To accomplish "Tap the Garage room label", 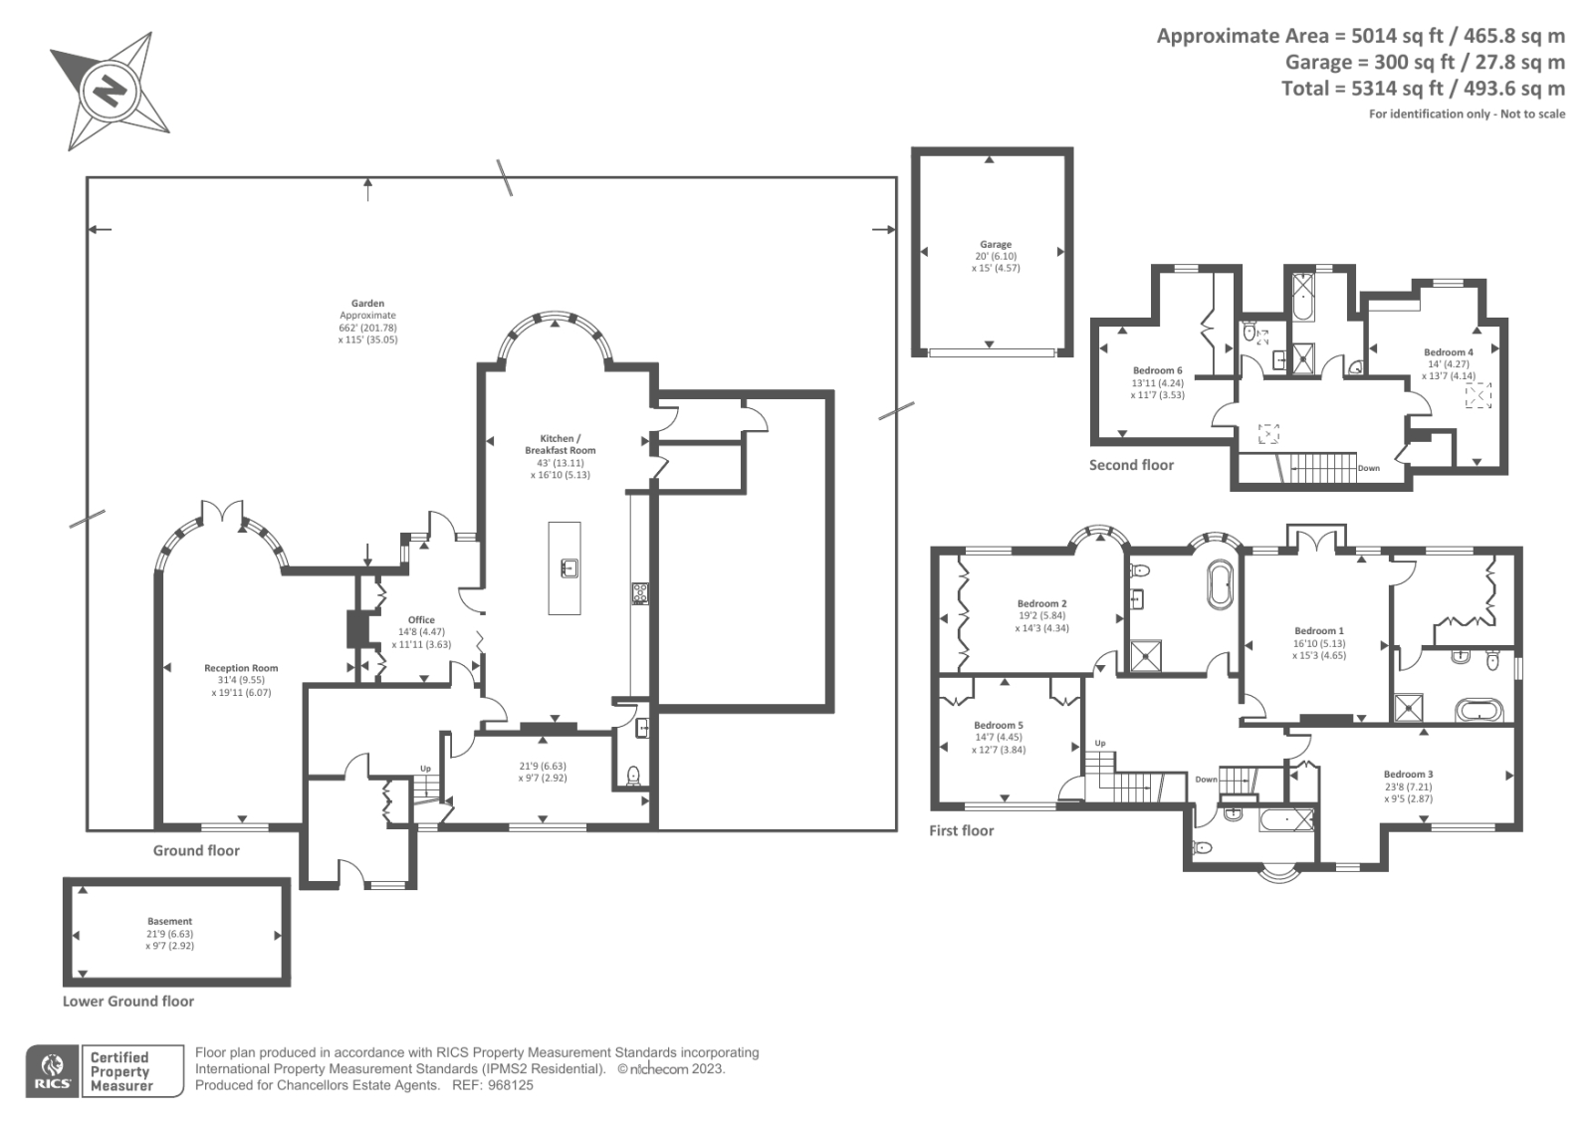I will click(995, 245).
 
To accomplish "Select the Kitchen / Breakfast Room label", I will click(560, 444).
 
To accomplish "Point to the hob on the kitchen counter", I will click(640, 593).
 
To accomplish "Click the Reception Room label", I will click(241, 669).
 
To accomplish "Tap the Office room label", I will click(421, 620).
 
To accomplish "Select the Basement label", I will click(169, 922).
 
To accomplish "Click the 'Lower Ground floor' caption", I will click(128, 1002).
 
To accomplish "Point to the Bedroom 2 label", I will click(1041, 603).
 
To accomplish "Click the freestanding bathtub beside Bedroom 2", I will click(1219, 585).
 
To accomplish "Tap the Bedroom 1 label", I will click(1318, 631).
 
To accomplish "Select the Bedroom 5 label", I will click(998, 726).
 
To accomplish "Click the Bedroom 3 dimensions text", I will click(1408, 792).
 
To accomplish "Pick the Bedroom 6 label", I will click(1157, 371).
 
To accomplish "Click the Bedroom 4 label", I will click(1448, 352).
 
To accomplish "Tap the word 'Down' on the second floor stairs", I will click(1368, 468).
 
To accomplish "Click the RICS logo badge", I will click(52, 1071).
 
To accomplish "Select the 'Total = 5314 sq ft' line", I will click(1423, 89).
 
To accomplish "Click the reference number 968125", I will click(509, 1085).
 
